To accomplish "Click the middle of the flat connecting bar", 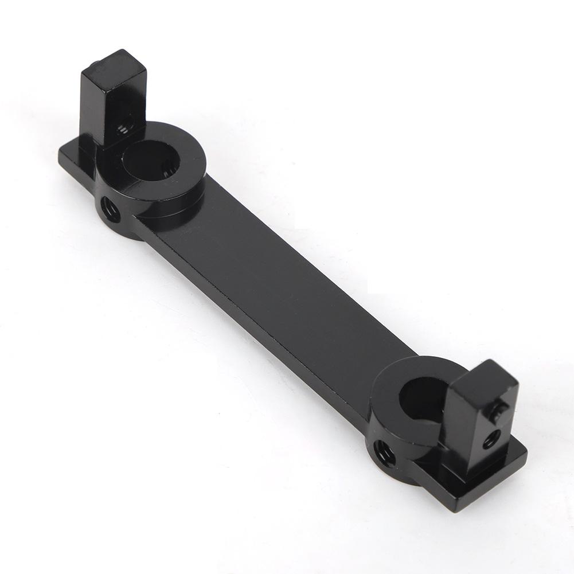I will pos(275,287).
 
